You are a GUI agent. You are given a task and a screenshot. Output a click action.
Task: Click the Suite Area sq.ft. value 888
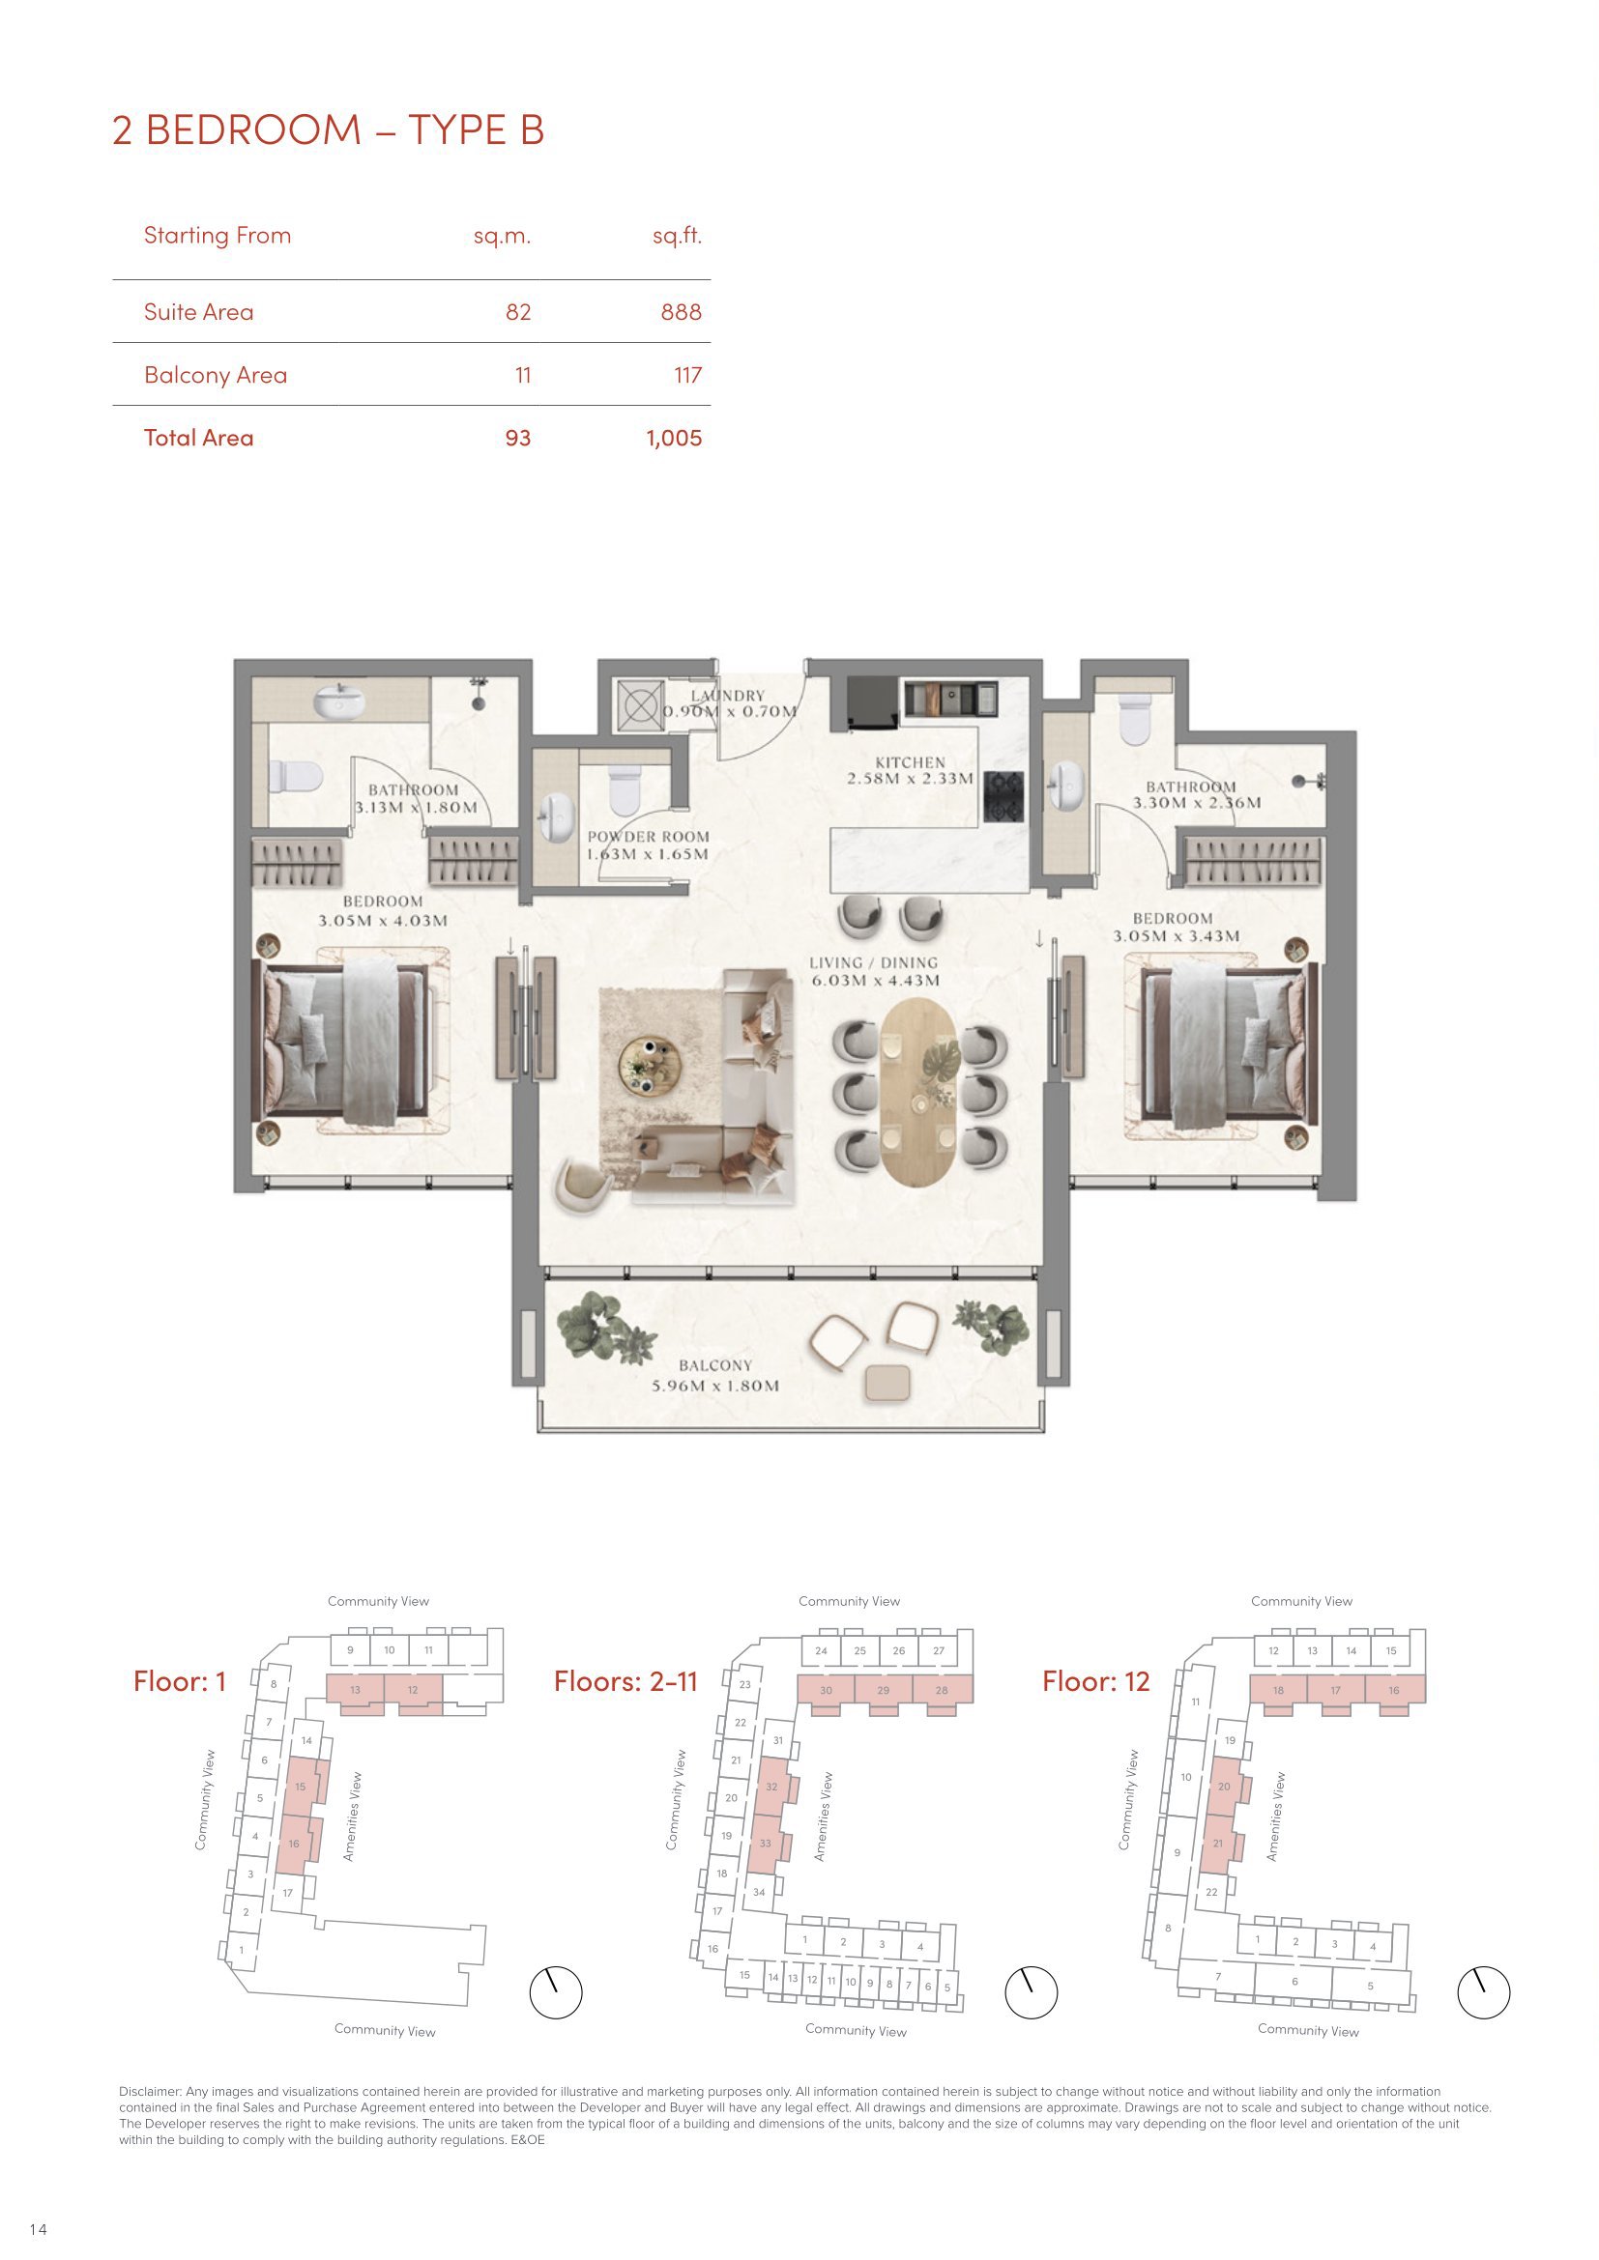click(682, 312)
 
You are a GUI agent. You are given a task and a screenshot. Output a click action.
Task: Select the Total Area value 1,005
click(675, 438)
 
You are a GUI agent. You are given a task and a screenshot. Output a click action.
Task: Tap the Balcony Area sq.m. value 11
click(523, 375)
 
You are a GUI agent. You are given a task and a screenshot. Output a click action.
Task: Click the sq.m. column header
click(502, 236)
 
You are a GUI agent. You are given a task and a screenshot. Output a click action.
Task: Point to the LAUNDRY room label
click(728, 696)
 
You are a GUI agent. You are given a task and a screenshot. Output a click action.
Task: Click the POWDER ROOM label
click(648, 838)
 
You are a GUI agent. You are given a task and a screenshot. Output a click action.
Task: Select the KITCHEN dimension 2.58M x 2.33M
click(910, 780)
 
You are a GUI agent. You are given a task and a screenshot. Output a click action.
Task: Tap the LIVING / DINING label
click(873, 962)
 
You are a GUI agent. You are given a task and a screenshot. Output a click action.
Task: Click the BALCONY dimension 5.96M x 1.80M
click(715, 1386)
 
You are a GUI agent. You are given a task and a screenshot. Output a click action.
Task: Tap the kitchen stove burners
click(1003, 796)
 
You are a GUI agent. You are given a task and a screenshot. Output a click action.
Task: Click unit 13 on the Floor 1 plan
click(355, 1690)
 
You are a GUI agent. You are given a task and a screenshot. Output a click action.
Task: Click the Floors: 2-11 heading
click(625, 1681)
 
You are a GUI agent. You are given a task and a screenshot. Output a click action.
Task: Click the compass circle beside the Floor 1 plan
click(556, 1988)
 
